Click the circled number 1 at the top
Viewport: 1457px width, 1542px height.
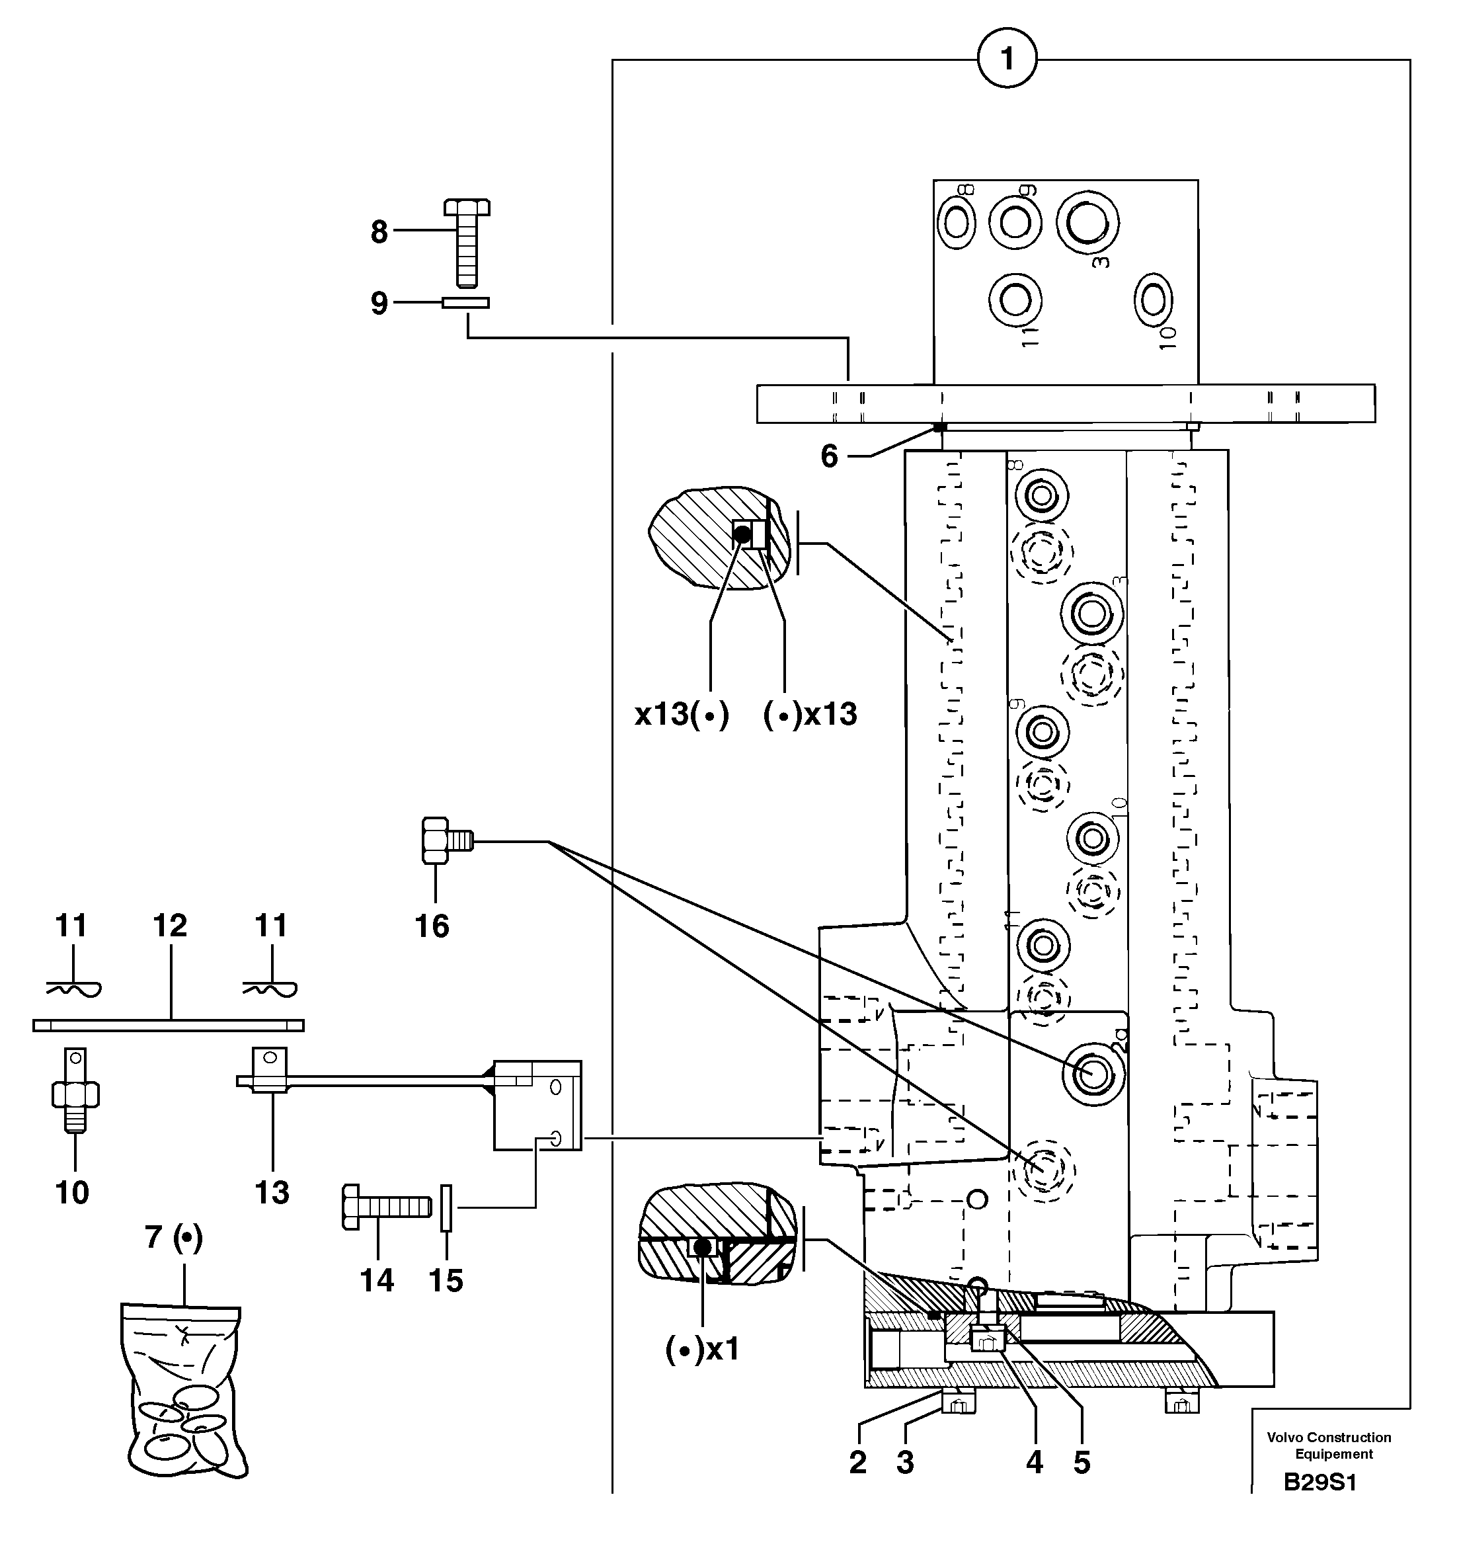(1007, 59)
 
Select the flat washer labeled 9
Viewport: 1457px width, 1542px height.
(466, 303)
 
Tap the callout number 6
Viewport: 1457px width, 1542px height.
(830, 457)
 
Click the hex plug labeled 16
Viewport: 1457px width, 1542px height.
(444, 841)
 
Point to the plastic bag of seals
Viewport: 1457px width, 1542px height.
(184, 1395)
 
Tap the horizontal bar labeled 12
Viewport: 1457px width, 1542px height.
(169, 1026)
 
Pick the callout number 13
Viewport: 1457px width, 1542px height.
(272, 1192)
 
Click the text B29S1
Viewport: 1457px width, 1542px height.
(1319, 1482)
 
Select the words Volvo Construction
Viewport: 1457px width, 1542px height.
(1329, 1438)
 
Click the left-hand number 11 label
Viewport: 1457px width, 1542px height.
(71, 925)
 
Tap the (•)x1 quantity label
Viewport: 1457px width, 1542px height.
(703, 1350)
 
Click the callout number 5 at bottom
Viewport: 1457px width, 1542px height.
(1082, 1463)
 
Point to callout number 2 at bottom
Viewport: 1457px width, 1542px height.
(857, 1463)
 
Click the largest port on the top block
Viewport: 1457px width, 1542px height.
(1087, 222)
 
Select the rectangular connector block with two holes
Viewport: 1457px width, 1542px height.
(537, 1106)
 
